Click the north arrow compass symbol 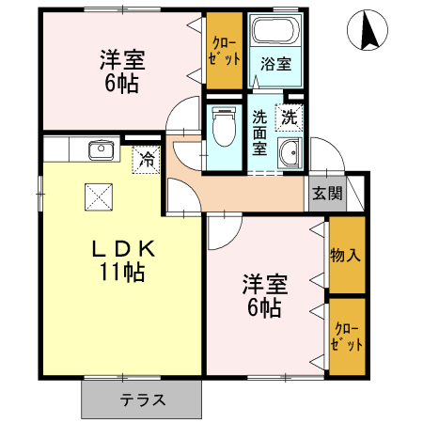point(369,34)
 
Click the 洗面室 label point(260,133)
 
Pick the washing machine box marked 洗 point(289,118)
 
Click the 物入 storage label point(345,255)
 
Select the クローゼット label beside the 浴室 point(223,52)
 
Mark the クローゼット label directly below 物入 point(345,337)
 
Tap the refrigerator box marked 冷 point(147,160)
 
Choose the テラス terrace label point(142,399)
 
